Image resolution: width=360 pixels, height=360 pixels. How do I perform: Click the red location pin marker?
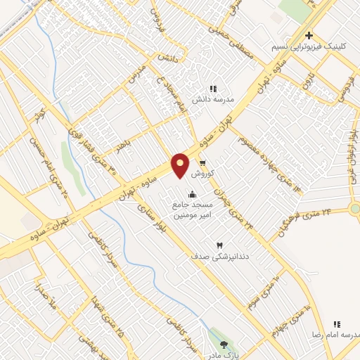(x=181, y=166)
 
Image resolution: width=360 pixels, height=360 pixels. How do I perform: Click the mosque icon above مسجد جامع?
(x=192, y=194)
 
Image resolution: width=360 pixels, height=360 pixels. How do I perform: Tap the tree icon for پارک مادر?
(x=224, y=345)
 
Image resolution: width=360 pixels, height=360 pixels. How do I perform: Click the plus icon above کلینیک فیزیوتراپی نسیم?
(x=309, y=36)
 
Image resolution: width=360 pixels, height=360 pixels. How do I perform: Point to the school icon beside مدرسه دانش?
(x=213, y=89)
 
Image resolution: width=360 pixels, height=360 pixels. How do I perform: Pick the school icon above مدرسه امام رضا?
(x=337, y=325)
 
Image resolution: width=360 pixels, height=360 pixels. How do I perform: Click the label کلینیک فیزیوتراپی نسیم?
(x=309, y=47)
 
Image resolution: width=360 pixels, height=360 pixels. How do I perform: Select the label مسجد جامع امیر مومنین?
(x=192, y=208)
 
